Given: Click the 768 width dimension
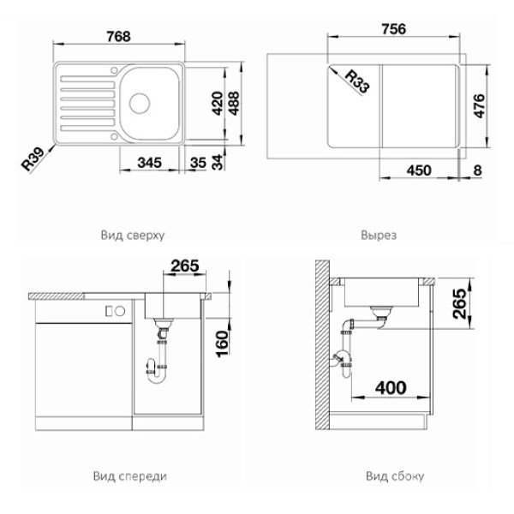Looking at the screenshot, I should (x=120, y=36).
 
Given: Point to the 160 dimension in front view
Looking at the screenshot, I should (x=221, y=343).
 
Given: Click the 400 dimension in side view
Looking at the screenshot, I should (x=390, y=388).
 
